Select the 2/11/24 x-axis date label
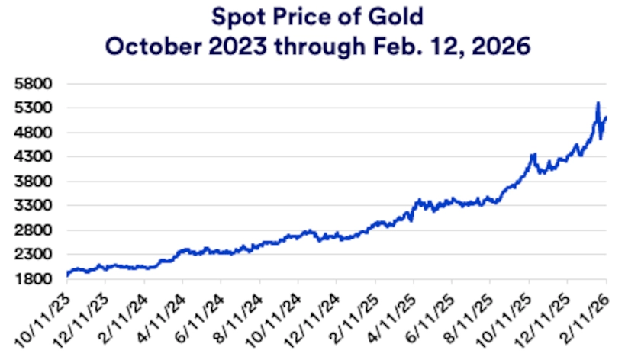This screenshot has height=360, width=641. point(124,314)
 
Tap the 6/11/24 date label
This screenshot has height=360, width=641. point(201,314)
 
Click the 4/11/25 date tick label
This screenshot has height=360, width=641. point(395,314)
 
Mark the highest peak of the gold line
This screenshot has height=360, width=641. point(598,103)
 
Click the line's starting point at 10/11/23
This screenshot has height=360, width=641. point(67,275)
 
